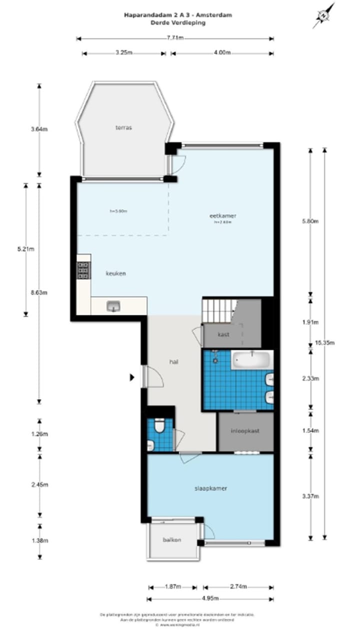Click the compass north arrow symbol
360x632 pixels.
pyautogui.click(x=324, y=15)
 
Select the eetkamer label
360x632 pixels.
pyautogui.click(x=222, y=216)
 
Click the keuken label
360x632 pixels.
pyautogui.click(x=115, y=273)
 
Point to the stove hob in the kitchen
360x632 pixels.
pyautogui.click(x=83, y=270)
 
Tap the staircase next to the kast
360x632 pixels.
pyautogui.click(x=218, y=310)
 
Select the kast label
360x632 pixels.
pyautogui.click(x=223, y=334)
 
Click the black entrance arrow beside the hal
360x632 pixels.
pyautogui.click(x=132, y=377)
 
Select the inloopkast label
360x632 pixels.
pyautogui.click(x=245, y=430)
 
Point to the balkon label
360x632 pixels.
pyautogui.click(x=171, y=540)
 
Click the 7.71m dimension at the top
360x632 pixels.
pyautogui.click(x=174, y=38)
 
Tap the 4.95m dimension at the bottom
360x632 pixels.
pyautogui.click(x=210, y=599)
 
